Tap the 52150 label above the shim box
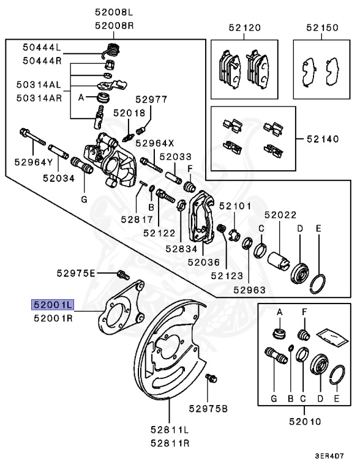321,28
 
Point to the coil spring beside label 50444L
111,49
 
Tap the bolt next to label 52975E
121,274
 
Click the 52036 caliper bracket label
203,262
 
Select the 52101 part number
231,207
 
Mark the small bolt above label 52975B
211,379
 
